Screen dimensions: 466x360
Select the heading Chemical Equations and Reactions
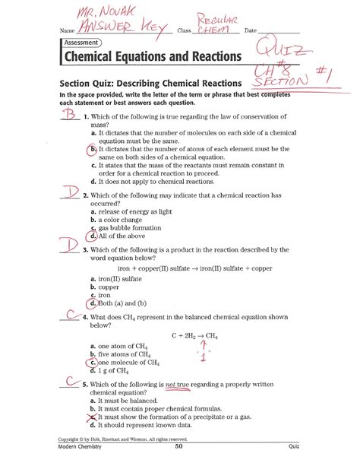click(x=153, y=57)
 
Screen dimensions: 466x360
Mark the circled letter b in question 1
click(x=93, y=151)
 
